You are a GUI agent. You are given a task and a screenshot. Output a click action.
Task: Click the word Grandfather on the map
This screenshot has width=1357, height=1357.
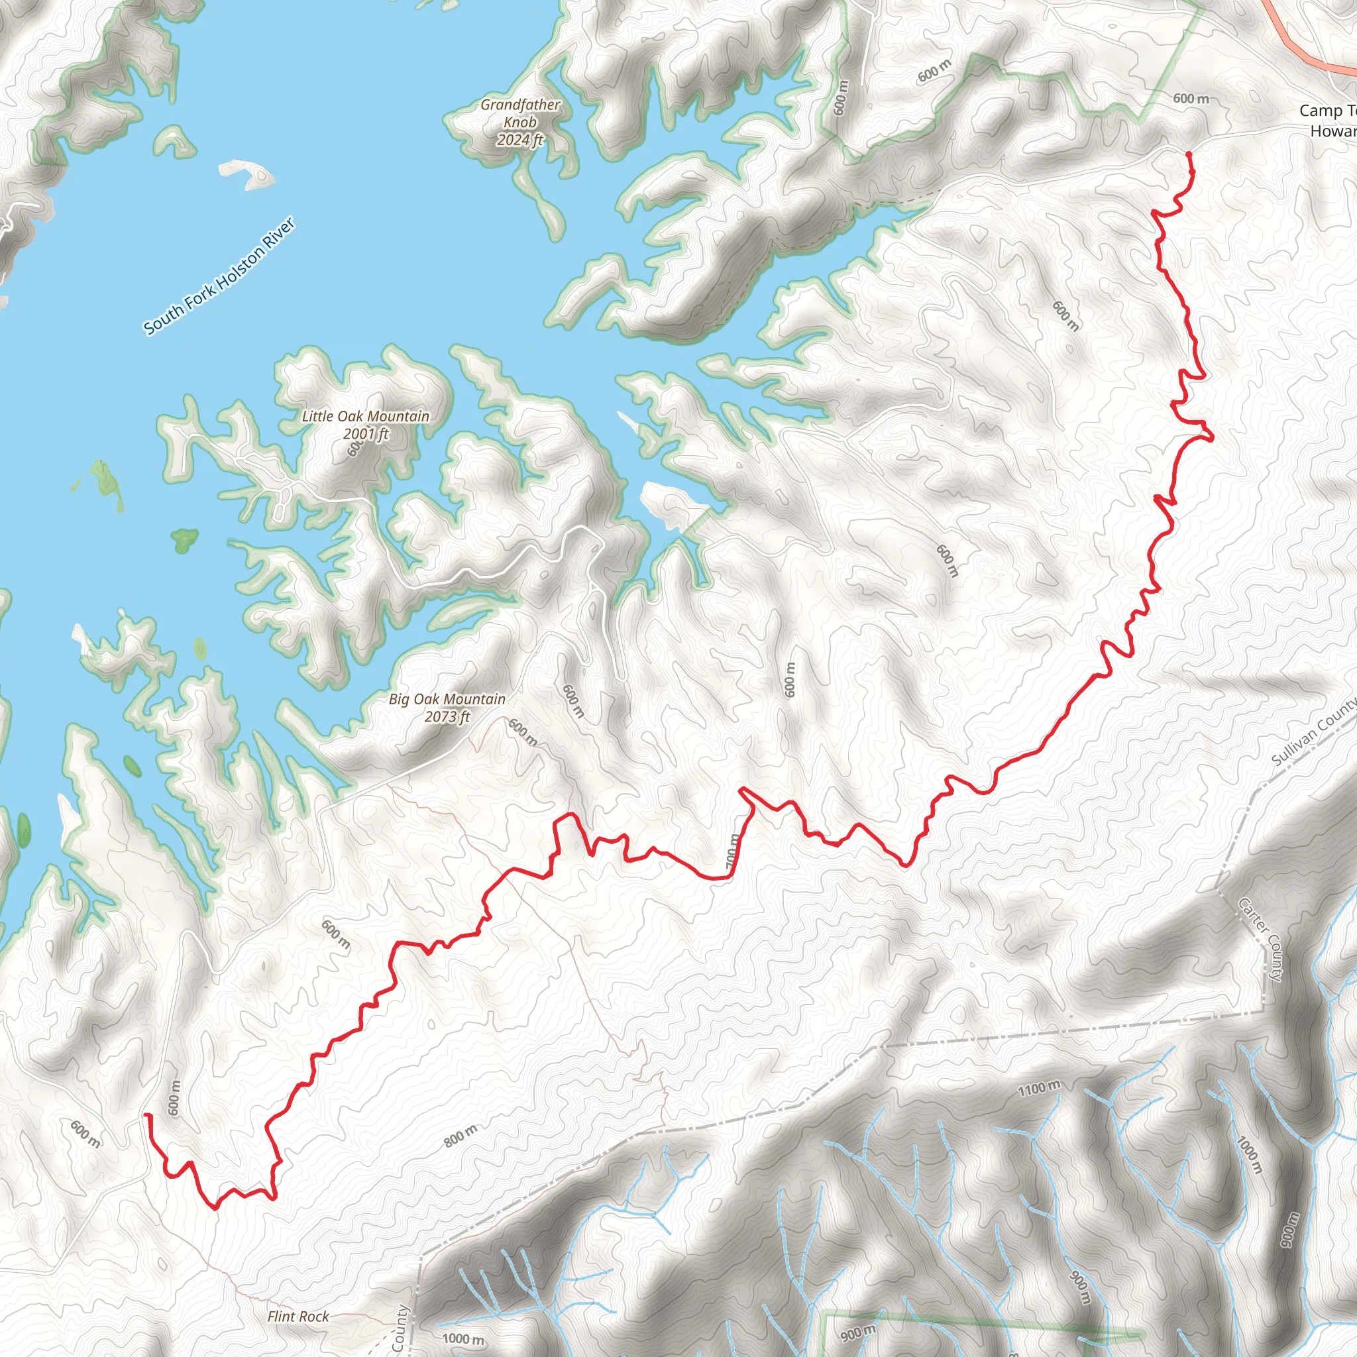coord(519,105)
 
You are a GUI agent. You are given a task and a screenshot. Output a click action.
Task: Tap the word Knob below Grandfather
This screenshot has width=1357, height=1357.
coord(519,122)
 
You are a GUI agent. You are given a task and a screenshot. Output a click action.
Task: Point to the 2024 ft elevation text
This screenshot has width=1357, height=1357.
coord(519,140)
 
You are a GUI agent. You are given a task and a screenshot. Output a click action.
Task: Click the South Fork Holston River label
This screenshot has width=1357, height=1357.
coord(219,276)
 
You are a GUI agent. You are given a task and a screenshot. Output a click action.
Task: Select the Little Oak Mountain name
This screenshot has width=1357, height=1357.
coord(365,416)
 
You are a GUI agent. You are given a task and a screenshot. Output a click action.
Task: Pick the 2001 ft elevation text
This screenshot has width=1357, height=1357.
coord(365,433)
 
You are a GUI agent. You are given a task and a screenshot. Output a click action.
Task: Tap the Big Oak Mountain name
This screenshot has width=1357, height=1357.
coord(447,699)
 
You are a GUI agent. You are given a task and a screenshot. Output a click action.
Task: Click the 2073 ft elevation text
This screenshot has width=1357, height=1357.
coord(447,716)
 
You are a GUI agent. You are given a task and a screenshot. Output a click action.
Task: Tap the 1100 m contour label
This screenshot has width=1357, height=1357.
coord(1039,1089)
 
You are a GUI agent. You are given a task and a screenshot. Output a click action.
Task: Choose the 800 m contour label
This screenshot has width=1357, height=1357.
coord(460,1136)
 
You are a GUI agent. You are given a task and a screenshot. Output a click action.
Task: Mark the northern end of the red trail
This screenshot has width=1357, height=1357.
coord(1189,153)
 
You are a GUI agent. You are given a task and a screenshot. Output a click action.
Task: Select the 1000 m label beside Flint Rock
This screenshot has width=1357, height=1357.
coord(463,1338)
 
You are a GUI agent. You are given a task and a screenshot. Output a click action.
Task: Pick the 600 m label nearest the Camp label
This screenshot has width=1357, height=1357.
coord(1191,99)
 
